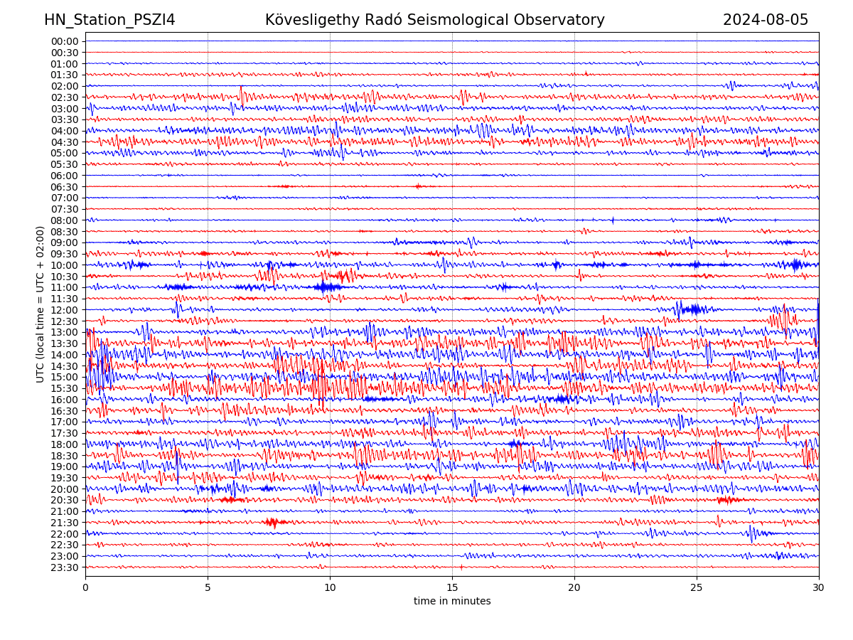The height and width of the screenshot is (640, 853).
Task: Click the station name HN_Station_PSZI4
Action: (x=109, y=20)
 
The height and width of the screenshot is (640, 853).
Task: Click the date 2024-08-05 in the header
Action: (x=766, y=20)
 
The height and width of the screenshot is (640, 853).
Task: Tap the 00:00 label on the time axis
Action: (x=65, y=41)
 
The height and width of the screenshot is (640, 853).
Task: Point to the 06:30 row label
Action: (x=65, y=187)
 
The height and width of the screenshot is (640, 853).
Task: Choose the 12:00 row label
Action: (x=65, y=310)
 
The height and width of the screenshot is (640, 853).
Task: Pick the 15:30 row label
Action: (x=65, y=388)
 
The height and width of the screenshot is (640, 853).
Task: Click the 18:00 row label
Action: (x=65, y=444)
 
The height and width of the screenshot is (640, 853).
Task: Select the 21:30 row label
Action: (x=65, y=523)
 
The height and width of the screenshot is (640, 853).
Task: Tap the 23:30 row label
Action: (x=65, y=567)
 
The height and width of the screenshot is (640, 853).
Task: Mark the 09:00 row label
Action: (x=65, y=242)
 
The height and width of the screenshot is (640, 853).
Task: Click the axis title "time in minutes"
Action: (x=452, y=602)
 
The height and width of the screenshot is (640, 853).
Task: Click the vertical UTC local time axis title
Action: (x=41, y=304)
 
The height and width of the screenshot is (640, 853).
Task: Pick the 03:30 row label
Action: (x=65, y=119)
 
